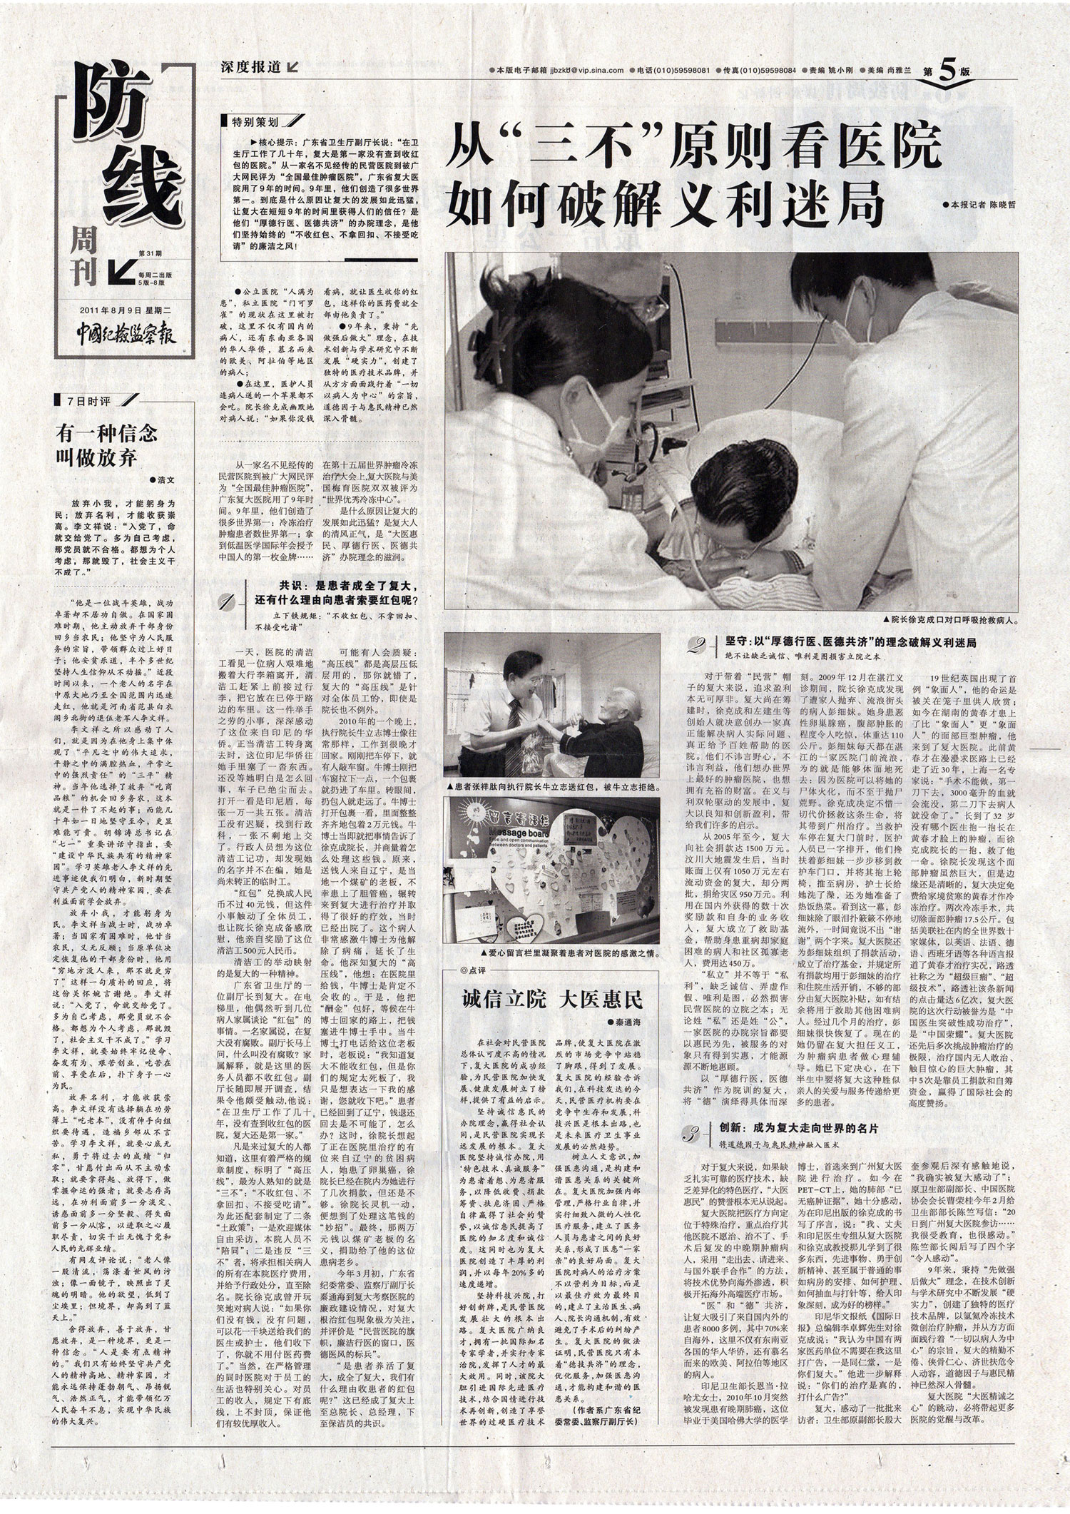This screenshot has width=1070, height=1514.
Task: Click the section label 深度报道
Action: [x=254, y=68]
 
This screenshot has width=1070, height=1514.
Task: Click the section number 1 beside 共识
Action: [x=226, y=606]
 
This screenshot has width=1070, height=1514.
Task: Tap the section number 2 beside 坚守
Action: [x=695, y=646]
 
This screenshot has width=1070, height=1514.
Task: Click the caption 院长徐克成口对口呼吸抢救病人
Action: [x=949, y=621]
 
